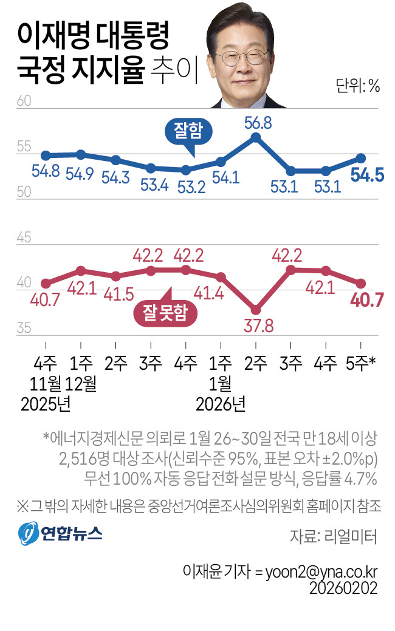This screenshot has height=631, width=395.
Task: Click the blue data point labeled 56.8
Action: [x=256, y=137]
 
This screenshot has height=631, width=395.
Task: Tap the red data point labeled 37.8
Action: [x=256, y=309]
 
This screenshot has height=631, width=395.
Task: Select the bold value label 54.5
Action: [x=367, y=176]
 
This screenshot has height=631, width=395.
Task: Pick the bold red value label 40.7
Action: [x=367, y=299]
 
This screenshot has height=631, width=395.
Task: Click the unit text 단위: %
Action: [x=357, y=86]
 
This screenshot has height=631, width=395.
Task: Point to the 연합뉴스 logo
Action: [x=61, y=534]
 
